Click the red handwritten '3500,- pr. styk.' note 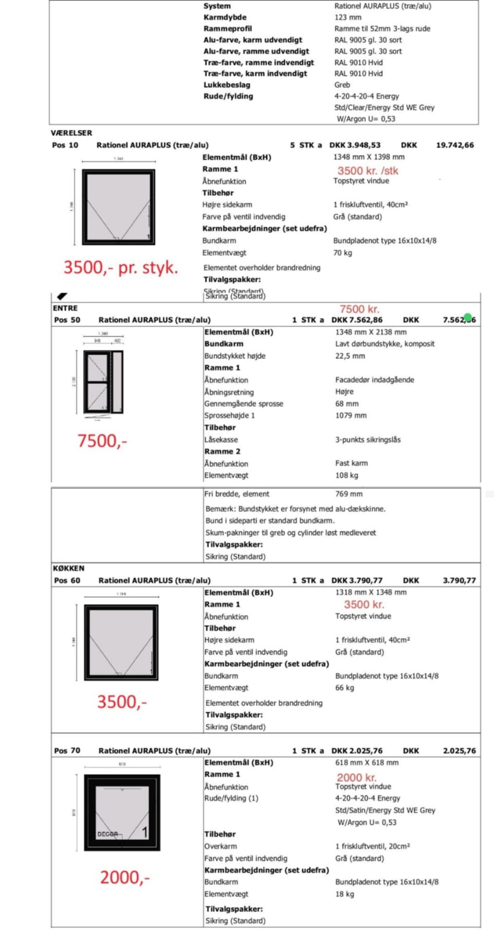120,268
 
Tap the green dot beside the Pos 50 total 467,317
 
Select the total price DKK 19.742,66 454,145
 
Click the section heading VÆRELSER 72,133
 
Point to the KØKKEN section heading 68,568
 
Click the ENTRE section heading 65,308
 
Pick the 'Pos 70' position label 67,751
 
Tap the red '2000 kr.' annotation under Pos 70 357,777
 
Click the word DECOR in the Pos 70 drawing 108,834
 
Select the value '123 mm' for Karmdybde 348,17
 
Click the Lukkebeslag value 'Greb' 342,85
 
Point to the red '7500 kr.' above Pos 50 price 359,309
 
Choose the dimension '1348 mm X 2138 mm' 370,332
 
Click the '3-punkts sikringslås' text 368,440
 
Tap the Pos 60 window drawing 121,643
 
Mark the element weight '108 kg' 347,475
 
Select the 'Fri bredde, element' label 237,494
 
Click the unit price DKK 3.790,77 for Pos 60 357,580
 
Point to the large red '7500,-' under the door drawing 102,441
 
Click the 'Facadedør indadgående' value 375,380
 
